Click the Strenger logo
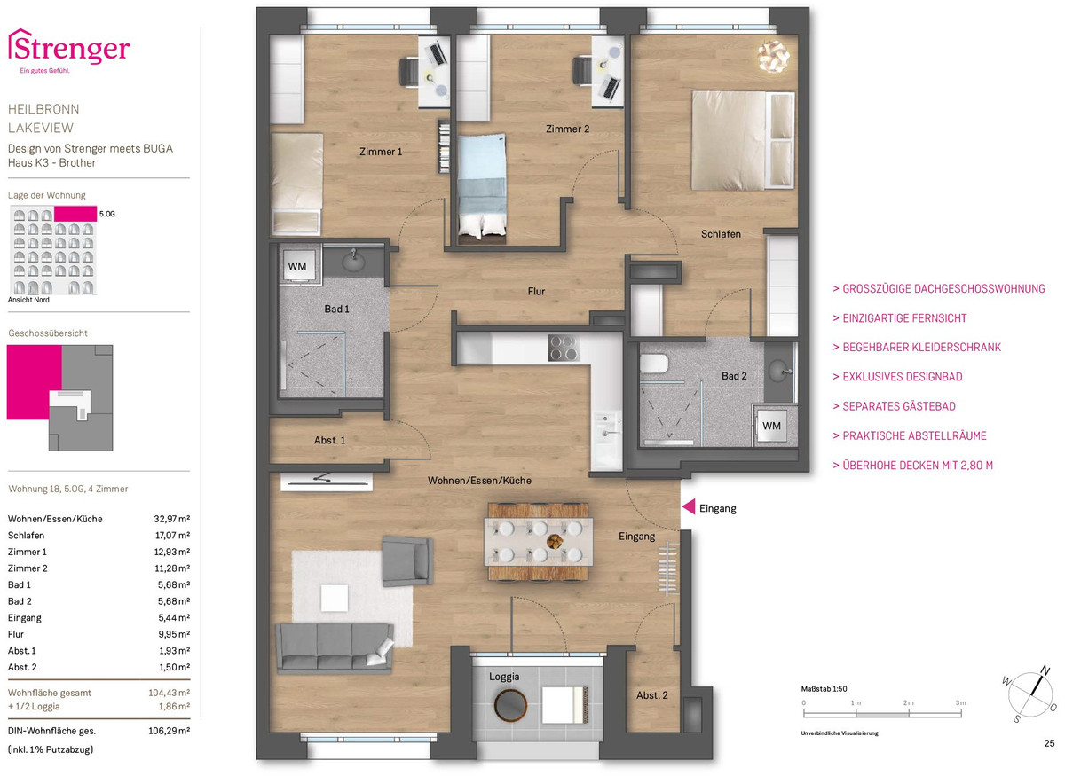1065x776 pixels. pyautogui.click(x=69, y=51)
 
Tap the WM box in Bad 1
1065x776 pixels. pyautogui.click(x=297, y=266)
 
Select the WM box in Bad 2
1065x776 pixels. pyautogui.click(x=771, y=426)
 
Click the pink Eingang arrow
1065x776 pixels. pyautogui.click(x=689, y=507)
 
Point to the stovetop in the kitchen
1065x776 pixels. pyautogui.click(x=564, y=348)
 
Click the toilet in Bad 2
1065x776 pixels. pyautogui.click(x=654, y=364)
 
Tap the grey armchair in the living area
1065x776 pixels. pyautogui.click(x=407, y=560)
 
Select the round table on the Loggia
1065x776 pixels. pyautogui.click(x=510, y=705)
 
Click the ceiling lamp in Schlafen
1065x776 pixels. pyautogui.click(x=773, y=57)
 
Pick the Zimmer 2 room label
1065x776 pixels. pyautogui.click(x=567, y=129)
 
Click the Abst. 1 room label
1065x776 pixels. pyautogui.click(x=329, y=440)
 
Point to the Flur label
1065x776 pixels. pyautogui.click(x=536, y=291)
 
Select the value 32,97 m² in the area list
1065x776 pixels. pyautogui.click(x=171, y=519)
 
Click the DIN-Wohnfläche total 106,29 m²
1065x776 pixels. pyautogui.click(x=170, y=731)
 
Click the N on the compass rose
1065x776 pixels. pyautogui.click(x=1045, y=670)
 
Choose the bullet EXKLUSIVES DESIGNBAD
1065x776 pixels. pyautogui.click(x=897, y=377)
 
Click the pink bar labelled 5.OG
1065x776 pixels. pyautogui.click(x=75, y=214)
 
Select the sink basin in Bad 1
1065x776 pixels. pyautogui.click(x=353, y=262)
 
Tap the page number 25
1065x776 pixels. pyautogui.click(x=1049, y=743)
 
